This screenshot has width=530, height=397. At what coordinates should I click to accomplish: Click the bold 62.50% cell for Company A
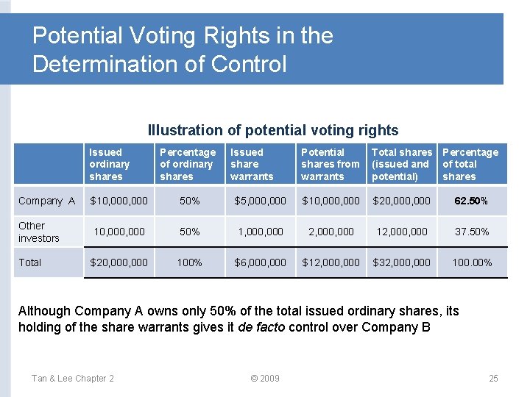coord(472,201)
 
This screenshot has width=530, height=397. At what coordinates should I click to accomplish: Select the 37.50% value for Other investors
coord(472,232)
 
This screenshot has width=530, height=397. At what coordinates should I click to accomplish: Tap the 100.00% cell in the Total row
coord(472,262)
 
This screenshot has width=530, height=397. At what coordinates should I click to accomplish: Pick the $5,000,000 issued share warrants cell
coord(260,201)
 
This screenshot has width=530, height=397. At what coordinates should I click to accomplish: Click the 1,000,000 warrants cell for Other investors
coord(260,232)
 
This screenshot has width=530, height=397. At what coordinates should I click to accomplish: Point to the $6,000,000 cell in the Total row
coord(260,262)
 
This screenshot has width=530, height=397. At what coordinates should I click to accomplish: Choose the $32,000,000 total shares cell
coord(401,262)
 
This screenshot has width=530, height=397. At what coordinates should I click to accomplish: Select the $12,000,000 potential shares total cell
coord(331,262)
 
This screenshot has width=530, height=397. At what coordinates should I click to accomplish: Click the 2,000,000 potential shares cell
coord(331,232)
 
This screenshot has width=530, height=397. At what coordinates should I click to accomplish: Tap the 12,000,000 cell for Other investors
coord(401,232)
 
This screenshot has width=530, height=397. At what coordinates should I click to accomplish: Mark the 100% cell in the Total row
coord(189,262)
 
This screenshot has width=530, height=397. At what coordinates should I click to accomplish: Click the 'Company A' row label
coord(46,201)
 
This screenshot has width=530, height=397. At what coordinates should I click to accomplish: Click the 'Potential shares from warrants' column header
coord(330,165)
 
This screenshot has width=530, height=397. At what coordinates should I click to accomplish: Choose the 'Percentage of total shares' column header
coord(470,165)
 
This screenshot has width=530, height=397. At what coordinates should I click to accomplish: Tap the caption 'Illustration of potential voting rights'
coord(273,130)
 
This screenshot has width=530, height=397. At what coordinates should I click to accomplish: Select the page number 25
coord(493,379)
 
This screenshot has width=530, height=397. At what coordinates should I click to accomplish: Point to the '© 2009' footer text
coord(264,379)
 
